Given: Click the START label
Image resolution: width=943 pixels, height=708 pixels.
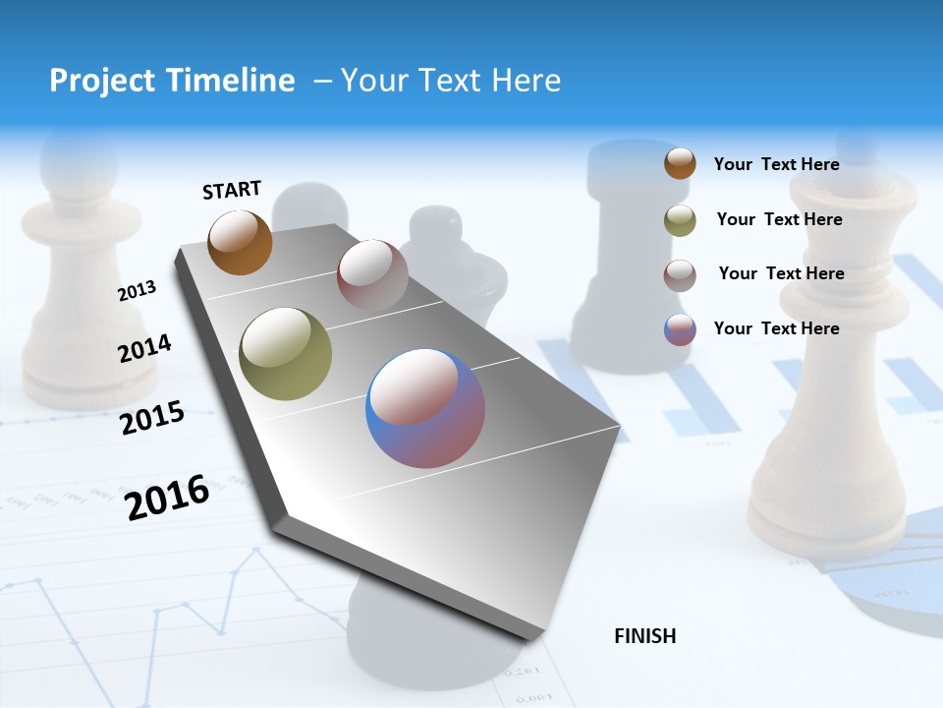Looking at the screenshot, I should coord(232,189).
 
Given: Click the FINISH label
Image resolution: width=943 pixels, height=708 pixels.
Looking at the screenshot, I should coord(644,636).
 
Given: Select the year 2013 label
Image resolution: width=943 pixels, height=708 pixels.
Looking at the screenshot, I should coord(137,291).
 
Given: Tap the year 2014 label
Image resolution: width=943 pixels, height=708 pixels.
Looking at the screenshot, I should coord(144,348).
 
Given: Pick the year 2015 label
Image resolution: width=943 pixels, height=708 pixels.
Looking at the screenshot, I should coord(152,418).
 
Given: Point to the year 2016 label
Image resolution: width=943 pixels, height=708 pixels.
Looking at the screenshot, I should coord(167,497).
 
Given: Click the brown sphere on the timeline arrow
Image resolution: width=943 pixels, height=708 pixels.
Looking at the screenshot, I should coord(240,242).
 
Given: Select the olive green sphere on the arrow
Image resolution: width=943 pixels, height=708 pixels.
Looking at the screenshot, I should coord(285,354).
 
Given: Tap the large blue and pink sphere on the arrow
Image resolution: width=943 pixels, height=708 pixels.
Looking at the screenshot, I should coord(425,408).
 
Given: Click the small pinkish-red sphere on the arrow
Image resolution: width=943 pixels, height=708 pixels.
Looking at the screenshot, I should coord(372,275).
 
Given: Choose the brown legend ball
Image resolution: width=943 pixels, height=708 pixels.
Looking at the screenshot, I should coord(680,163).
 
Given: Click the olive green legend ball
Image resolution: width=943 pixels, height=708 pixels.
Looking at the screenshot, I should coord(680,219).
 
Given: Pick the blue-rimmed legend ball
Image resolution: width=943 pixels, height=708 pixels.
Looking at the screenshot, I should coord(680,329).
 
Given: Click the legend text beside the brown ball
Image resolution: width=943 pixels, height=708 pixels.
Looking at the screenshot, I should coord(776,164).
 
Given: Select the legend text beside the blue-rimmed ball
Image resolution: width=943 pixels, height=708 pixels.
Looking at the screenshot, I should coord(776,328).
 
